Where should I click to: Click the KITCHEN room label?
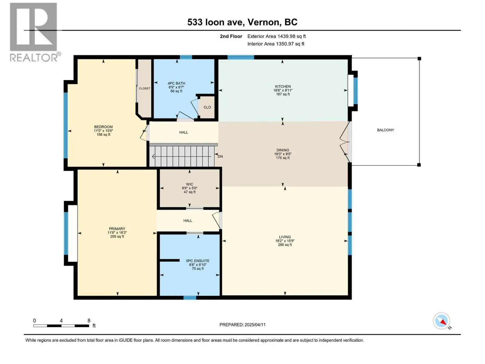283,86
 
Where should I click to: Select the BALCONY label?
385,130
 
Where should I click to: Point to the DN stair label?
220,157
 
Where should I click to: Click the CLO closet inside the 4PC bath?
207,107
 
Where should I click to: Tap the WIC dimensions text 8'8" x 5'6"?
189,188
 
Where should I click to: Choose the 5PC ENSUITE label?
198,261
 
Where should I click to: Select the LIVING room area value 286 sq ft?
285,245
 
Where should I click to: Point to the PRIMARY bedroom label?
117,229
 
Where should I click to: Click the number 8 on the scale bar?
89,321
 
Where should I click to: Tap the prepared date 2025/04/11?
255,325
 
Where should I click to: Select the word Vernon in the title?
263,22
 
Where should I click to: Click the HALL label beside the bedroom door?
183,132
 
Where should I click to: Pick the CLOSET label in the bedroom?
145,88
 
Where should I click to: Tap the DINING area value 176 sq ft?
283,158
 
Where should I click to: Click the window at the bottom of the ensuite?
190,298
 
